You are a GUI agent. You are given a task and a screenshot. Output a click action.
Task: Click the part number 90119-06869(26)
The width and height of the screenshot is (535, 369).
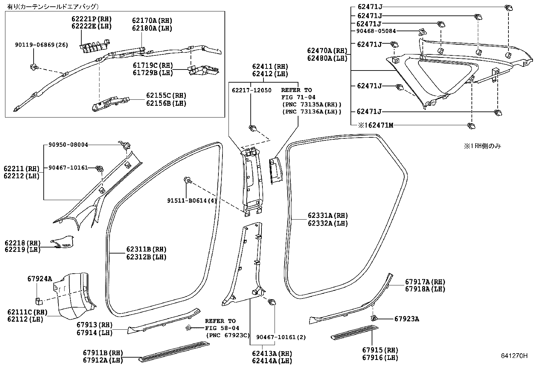41,45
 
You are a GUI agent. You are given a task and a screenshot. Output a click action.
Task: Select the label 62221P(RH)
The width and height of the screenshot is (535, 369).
91,19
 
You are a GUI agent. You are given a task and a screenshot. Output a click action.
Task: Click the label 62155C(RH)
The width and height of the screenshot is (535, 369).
166,96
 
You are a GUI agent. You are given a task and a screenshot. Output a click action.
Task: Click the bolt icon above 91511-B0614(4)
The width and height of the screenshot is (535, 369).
188,181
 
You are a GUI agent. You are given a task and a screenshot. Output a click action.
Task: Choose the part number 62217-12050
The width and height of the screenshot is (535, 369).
252,90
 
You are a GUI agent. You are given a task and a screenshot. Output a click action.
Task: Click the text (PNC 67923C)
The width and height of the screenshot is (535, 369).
228,335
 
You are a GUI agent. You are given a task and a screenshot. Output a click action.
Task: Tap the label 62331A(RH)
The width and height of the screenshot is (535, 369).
328,216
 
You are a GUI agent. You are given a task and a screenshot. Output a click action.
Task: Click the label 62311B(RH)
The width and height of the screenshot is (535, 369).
146,249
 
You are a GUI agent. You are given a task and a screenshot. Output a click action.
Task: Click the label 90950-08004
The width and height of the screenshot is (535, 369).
68,145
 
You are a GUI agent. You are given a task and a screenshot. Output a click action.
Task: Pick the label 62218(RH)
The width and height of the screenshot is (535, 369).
23,243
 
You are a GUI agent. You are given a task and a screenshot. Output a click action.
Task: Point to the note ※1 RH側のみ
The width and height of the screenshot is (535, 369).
483,146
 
